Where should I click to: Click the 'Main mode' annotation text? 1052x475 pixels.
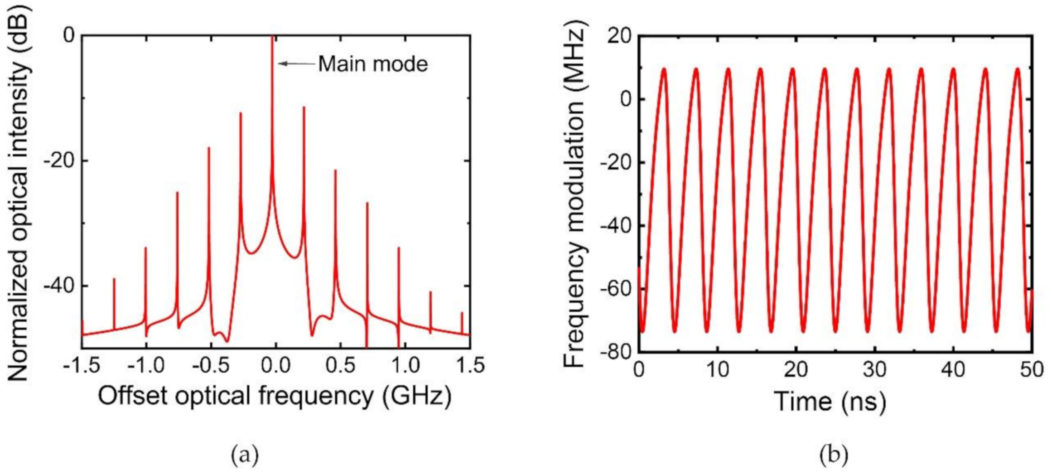click(372, 64)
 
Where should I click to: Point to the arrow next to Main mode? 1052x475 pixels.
click(296, 64)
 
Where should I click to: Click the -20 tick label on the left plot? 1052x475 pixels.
click(59, 161)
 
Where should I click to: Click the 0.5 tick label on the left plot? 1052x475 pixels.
click(339, 366)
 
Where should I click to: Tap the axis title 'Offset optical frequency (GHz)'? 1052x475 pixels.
click(275, 396)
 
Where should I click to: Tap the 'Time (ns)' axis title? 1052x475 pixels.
click(830, 402)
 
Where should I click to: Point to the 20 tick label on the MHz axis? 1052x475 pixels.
click(619, 36)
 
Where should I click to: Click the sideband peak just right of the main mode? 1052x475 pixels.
click(304, 108)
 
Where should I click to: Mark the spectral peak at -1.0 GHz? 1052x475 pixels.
click(145, 248)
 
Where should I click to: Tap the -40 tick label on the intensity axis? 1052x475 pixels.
click(59, 286)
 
